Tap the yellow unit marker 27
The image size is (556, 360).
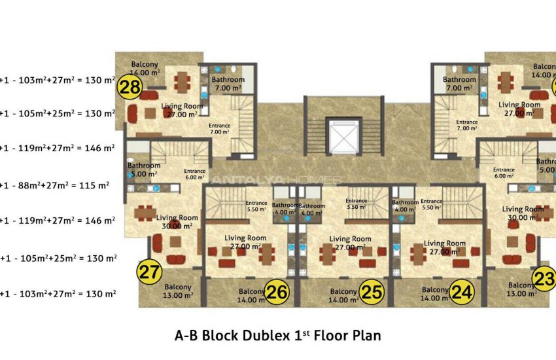[150, 271]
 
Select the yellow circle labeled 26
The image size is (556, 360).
[277, 293]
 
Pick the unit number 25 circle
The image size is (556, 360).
[372, 293]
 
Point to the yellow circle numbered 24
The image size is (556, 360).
[462, 293]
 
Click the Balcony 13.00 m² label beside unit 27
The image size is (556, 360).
[177, 291]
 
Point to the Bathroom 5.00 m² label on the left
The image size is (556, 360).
[144, 170]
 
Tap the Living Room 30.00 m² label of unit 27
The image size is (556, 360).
[179, 222]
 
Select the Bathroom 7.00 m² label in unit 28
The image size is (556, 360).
[227, 84]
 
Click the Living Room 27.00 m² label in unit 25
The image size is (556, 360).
[351, 243]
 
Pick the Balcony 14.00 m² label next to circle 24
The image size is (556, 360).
[435, 294]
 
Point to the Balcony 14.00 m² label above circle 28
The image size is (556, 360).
[145, 69]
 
